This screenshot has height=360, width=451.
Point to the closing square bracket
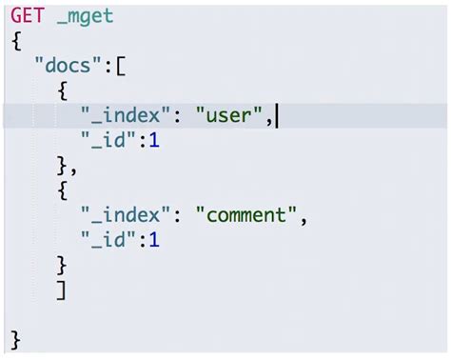[x=62, y=290]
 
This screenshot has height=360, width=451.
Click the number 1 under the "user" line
[x=153, y=142]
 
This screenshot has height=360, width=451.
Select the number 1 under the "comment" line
[x=153, y=240]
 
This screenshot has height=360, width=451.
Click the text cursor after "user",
[x=278, y=117]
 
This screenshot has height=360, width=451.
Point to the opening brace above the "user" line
[x=62, y=92]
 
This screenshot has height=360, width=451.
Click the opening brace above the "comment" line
[x=62, y=190]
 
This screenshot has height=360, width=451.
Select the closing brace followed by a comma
[x=62, y=166]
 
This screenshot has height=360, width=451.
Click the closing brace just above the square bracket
[x=62, y=265]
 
